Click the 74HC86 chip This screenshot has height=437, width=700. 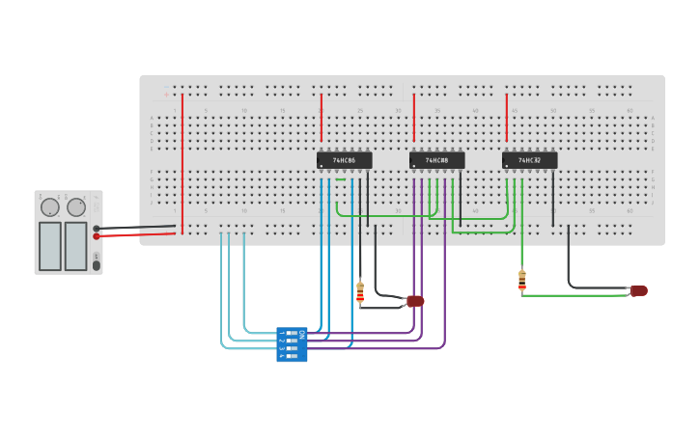click(x=344, y=160)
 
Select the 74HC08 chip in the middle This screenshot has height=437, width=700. click(x=436, y=160)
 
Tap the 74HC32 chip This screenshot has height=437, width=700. click(x=529, y=160)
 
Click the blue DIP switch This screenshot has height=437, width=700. click(x=292, y=344)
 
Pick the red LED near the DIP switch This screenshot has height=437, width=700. click(x=415, y=301)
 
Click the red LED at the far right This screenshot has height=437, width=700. click(x=639, y=290)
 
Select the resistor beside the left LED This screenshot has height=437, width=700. click(x=360, y=291)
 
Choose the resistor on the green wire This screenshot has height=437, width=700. click(x=522, y=280)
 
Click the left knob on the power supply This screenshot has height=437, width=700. click(x=50, y=206)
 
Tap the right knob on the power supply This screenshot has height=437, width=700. click(x=76, y=206)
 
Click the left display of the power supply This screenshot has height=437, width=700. click(x=50, y=246)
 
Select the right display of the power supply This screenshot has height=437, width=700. click(x=76, y=246)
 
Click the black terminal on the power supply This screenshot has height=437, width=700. click(x=97, y=229)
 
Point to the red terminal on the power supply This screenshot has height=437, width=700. click(x=97, y=236)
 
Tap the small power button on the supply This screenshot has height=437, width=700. click(x=96, y=264)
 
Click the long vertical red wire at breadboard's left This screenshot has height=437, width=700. click(x=182, y=164)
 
